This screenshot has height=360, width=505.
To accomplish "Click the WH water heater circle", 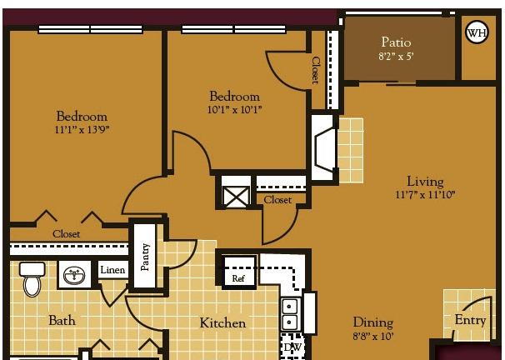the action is point(477,32).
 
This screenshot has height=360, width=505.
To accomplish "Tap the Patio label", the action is point(396,42).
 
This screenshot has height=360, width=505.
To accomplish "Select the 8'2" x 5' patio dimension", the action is point(396,57).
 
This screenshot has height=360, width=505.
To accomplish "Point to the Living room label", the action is point(425,182).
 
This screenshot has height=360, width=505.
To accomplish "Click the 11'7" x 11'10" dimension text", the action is point(425,194).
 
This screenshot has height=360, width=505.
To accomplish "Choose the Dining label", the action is point(373,322).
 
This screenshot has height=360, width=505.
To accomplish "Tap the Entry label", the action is point(470,320).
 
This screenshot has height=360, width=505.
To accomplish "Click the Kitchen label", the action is point(222,323).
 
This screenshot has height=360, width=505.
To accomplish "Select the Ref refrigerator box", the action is point(238,272).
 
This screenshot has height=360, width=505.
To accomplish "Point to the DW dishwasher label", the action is point(292,347).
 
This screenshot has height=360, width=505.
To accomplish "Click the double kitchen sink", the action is point(291,314).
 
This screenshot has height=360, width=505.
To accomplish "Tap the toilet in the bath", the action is point(32,279).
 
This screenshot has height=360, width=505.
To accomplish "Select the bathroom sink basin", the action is point(75,275).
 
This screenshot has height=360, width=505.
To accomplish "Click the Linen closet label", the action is point(112,270).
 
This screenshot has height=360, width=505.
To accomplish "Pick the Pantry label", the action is point(145,257).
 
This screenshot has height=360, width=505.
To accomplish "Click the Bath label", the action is point(62,320).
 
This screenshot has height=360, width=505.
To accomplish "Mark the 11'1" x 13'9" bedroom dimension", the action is point(82,130).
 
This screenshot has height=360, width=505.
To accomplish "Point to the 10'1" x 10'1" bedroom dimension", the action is point(234,110).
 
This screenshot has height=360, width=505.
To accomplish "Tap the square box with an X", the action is point(236,197).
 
